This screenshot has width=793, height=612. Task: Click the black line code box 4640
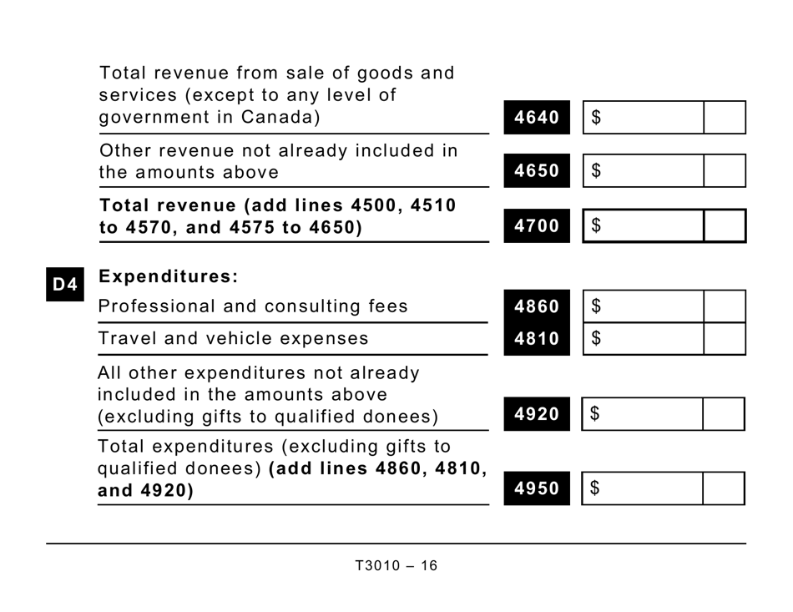point(537,118)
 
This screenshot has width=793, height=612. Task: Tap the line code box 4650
point(537,171)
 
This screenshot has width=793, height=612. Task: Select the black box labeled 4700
point(537,225)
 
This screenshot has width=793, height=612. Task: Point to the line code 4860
point(537,306)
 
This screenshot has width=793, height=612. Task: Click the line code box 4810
point(537,339)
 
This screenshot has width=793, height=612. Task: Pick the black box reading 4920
point(537,414)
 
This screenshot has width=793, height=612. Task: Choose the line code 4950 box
point(537,488)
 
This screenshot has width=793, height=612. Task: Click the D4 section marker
point(65,285)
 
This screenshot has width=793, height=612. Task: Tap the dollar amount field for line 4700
point(643,225)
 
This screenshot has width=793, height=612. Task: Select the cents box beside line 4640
point(724,118)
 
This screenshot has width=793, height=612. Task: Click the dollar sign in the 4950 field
point(595,488)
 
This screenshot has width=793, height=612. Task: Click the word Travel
point(123,339)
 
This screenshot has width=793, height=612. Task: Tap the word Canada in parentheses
point(276,118)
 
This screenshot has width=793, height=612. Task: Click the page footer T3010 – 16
point(396,566)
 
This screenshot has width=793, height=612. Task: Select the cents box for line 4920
point(723,414)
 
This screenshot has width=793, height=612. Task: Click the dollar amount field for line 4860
point(643,306)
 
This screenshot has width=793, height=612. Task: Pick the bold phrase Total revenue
point(167,205)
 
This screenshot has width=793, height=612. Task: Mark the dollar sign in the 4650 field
point(596,171)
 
